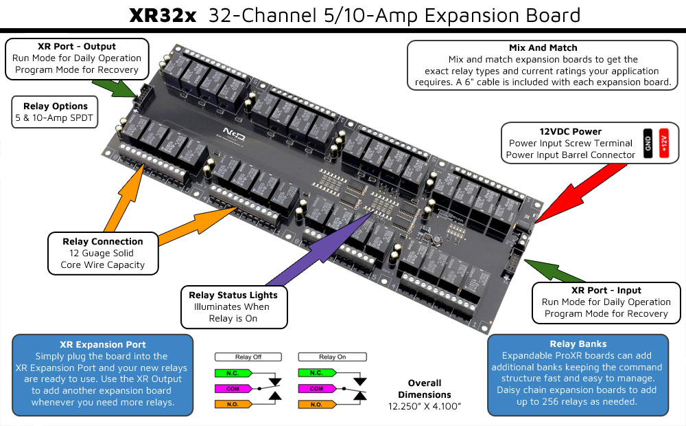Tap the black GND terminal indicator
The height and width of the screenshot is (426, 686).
[647, 143]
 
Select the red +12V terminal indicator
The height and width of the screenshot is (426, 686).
[664, 143]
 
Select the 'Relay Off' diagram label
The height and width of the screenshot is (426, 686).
[248, 357]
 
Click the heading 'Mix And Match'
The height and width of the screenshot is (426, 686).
[543, 48]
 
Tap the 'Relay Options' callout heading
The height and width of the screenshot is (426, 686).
[56, 106]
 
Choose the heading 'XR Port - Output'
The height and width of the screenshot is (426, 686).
[77, 46]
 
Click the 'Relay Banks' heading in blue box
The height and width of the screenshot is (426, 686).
[577, 344]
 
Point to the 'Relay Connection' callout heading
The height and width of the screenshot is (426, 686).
[103, 241]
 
